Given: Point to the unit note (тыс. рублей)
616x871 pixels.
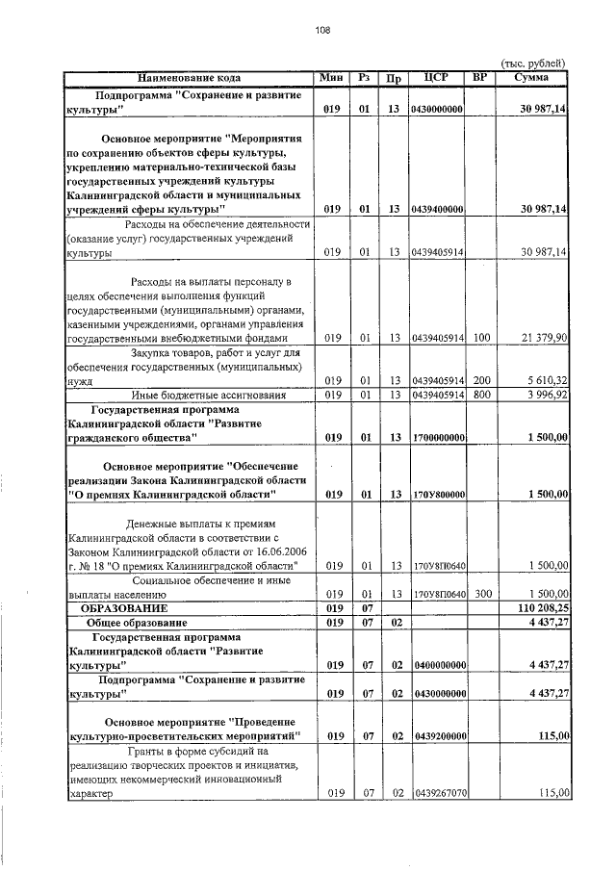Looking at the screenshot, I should (x=531, y=62).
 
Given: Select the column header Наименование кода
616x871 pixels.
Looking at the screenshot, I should (x=190, y=77).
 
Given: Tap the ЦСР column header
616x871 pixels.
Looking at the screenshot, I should (x=438, y=77).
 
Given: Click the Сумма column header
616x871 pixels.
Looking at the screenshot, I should (x=531, y=77).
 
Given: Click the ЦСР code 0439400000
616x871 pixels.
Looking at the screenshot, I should (x=438, y=209).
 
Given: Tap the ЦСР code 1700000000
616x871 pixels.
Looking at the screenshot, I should (x=438, y=438).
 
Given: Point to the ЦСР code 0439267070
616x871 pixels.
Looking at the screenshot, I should (x=438, y=794).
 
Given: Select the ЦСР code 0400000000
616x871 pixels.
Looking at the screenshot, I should (x=438, y=665).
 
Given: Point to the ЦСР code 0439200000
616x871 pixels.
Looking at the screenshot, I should (x=438, y=736).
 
